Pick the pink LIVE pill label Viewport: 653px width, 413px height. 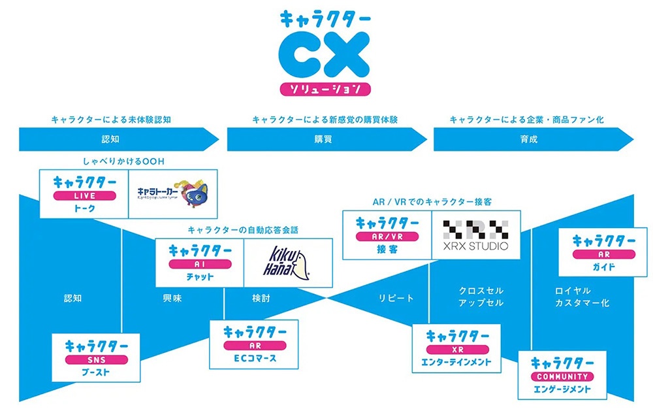coord(84,196)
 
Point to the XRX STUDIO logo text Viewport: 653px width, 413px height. coord(476,248)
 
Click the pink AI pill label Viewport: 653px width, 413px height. coord(199,264)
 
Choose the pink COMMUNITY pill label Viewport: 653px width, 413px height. coord(562,377)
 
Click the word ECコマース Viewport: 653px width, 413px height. coord(254,357)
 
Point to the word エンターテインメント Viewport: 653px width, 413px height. coord(456,361)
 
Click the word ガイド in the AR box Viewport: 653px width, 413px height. coord(603,267)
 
